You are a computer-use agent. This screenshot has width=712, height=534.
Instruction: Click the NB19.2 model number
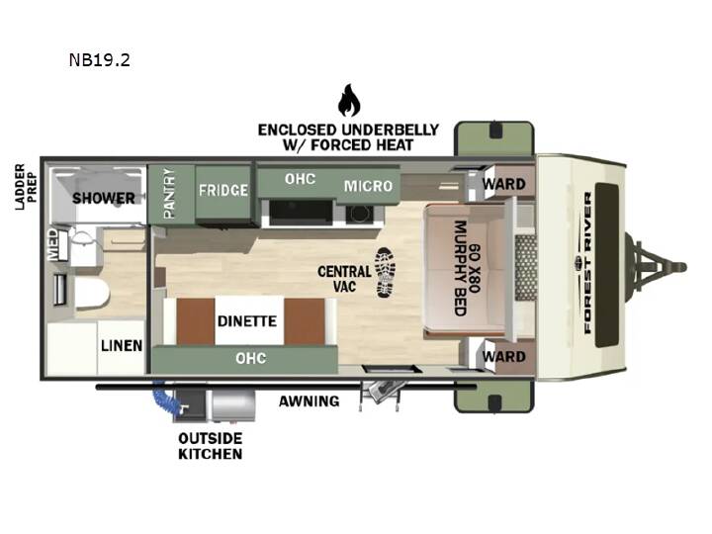pyautogui.click(x=100, y=60)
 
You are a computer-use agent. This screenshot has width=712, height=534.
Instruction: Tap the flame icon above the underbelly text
pyautogui.click(x=349, y=100)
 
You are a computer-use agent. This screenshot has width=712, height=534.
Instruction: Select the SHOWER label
pyautogui.click(x=104, y=198)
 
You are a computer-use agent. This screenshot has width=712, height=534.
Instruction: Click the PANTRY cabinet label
pyautogui.click(x=169, y=194)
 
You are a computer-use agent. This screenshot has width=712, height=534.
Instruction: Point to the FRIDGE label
pyautogui.click(x=223, y=190)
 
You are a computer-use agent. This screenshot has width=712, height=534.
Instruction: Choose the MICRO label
pyautogui.click(x=368, y=186)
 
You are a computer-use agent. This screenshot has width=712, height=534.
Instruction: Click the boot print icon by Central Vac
pyautogui.click(x=385, y=273)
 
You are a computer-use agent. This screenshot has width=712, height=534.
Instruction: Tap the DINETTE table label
pyautogui.click(x=247, y=321)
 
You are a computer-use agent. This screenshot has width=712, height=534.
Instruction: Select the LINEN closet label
pyautogui.click(x=122, y=345)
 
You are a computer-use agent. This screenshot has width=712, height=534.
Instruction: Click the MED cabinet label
pyautogui.click(x=53, y=244)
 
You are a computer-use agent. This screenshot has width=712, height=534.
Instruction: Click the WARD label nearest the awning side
pyautogui.click(x=504, y=356)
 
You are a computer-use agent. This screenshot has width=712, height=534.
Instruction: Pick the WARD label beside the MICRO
pyautogui.click(x=504, y=184)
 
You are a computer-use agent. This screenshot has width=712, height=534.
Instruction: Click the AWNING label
pyautogui.click(x=310, y=400)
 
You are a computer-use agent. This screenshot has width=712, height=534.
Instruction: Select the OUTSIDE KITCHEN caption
pyautogui.click(x=211, y=446)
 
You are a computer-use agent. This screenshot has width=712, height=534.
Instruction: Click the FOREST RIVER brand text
pyautogui.click(x=587, y=263)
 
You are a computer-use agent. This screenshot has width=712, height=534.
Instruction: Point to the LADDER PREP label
pyautogui.click(x=26, y=187)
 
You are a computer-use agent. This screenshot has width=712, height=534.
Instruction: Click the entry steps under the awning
pyautogui.click(x=381, y=394)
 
